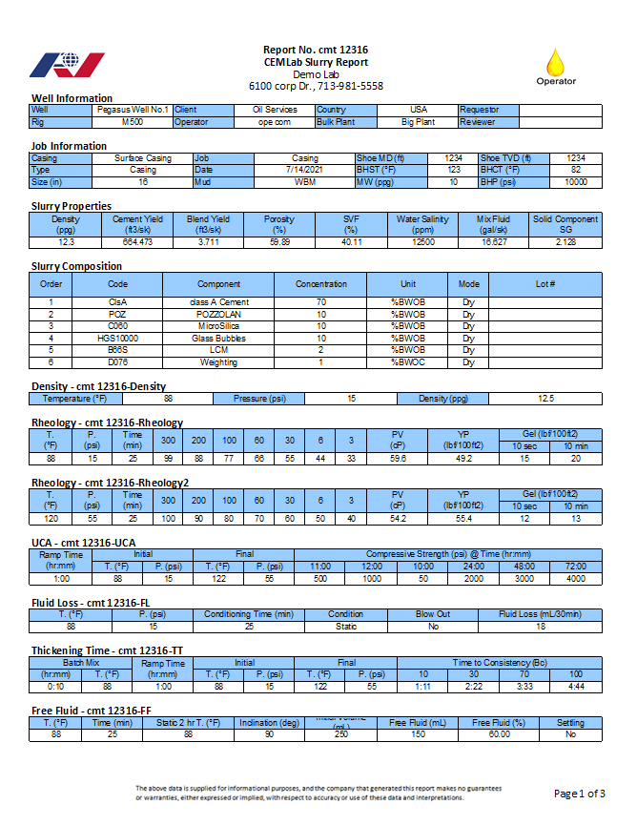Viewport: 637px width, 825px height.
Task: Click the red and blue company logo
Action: pos(68,65)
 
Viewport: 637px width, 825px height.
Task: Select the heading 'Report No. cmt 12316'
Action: pos(316,50)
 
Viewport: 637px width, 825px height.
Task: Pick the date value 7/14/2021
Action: pos(305,170)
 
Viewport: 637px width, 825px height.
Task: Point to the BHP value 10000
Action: pos(576,181)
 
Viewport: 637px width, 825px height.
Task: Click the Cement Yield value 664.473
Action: pos(139,242)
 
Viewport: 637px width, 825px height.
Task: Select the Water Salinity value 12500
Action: pos(422,242)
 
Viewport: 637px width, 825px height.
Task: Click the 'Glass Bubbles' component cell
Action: pos(218,339)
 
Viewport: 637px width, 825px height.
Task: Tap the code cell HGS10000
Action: pos(118,339)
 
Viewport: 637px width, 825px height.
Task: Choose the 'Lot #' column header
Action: pos(545,284)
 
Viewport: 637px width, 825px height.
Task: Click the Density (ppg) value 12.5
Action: pos(545,398)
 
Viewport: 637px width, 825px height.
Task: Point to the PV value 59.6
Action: pos(398,459)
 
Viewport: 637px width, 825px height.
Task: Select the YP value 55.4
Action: pos(464,519)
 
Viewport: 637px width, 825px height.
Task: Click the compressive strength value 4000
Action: pos(575,579)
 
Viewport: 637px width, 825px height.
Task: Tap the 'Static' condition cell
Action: pos(346,627)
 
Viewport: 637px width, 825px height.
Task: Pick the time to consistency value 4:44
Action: pos(576,687)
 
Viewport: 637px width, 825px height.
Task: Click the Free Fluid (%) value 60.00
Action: pos(500,734)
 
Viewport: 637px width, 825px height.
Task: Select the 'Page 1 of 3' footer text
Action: pos(579,794)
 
